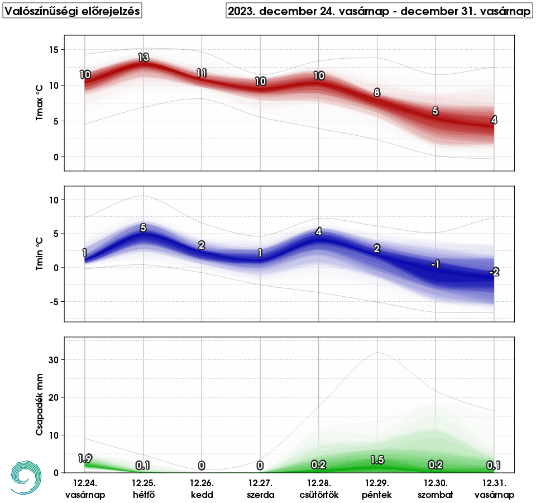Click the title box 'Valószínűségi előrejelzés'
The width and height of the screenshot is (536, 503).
click(x=72, y=11)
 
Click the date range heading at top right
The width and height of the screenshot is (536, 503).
click(x=379, y=11)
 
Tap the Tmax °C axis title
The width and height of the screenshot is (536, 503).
click(x=40, y=103)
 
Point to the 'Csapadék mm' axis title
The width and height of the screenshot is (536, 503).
click(x=40, y=406)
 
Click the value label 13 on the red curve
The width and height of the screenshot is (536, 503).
click(x=143, y=57)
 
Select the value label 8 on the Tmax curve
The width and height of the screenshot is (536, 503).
click(x=377, y=93)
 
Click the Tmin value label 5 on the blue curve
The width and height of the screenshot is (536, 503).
click(x=143, y=227)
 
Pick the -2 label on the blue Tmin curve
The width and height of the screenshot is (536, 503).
click(x=494, y=272)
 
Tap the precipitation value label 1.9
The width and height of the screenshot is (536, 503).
click(x=85, y=459)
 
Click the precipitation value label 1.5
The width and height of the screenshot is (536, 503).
click(x=377, y=460)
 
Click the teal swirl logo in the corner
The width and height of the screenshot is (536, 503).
click(x=26, y=477)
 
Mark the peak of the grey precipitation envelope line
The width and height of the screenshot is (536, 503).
click(x=378, y=352)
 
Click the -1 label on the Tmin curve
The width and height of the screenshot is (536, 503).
click(x=435, y=264)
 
